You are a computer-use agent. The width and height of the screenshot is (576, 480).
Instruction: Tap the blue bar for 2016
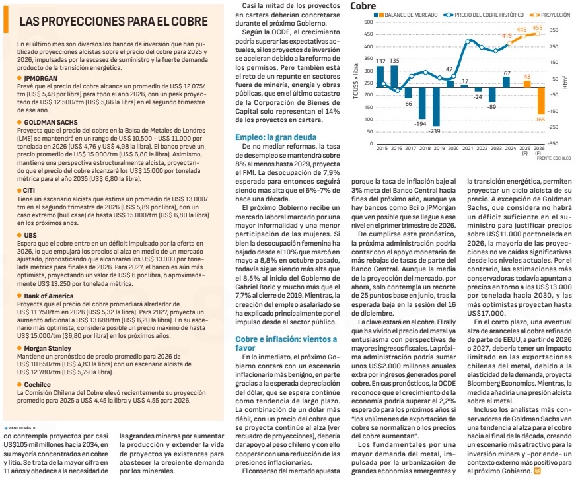(394, 76)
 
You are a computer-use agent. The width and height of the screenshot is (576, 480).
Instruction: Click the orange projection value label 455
(537, 28)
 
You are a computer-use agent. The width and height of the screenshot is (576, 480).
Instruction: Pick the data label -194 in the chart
(421, 124)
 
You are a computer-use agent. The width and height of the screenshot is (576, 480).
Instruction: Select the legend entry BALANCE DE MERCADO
(404, 13)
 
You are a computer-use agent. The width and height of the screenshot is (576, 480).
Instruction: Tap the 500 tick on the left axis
(367, 22)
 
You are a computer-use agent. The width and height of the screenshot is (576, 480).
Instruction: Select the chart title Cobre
(363, 6)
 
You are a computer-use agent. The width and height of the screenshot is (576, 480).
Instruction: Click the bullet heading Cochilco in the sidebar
(39, 384)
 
